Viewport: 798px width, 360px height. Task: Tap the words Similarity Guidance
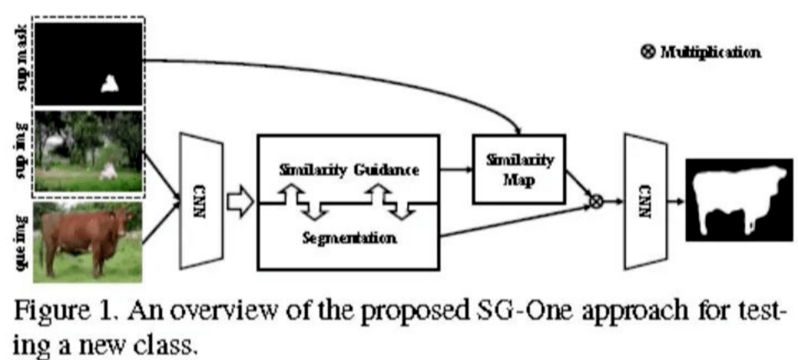[x=348, y=170]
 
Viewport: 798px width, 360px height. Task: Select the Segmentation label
[x=349, y=238]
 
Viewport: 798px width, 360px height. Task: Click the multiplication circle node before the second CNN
[x=597, y=201]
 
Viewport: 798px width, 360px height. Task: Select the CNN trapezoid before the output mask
[x=644, y=201]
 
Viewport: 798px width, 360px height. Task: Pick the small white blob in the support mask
[x=109, y=82]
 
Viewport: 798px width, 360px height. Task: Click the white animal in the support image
[x=108, y=171]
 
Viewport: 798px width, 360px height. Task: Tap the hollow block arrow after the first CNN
[x=241, y=202]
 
